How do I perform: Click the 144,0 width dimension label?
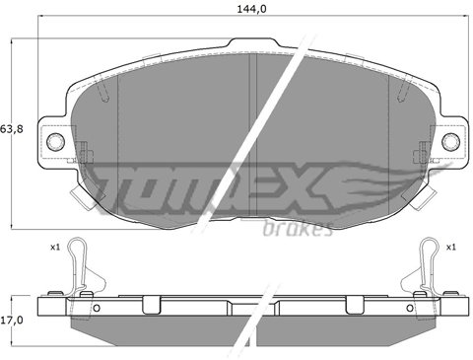[x=251, y=9]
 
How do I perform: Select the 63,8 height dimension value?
[x=12, y=129]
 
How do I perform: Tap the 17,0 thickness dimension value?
[x=12, y=320]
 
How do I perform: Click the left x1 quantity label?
[x=55, y=247]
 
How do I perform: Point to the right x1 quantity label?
[x=451, y=247]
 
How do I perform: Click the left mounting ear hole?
[x=55, y=142]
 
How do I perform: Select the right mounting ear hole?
[x=450, y=142]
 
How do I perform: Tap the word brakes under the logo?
[x=298, y=230]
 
